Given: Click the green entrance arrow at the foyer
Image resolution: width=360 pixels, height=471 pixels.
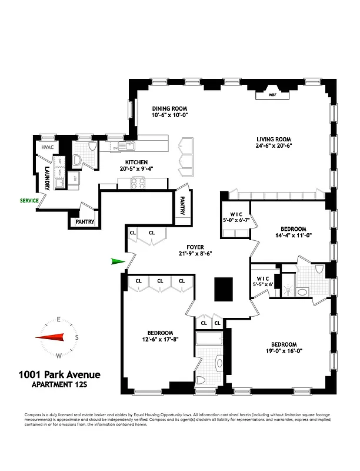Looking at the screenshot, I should click(118, 262).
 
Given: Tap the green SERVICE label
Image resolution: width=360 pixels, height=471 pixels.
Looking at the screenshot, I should click(28, 201).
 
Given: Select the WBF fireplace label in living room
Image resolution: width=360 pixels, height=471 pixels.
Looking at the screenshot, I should click(272, 94).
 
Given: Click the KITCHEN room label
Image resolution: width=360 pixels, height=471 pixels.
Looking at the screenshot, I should click(135, 162).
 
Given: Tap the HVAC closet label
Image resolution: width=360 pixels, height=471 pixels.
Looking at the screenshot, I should click(46, 148).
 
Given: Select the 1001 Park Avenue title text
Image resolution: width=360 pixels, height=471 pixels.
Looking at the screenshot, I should click(59, 374).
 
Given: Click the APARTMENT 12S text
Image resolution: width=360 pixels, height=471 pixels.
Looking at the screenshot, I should click(59, 386).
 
